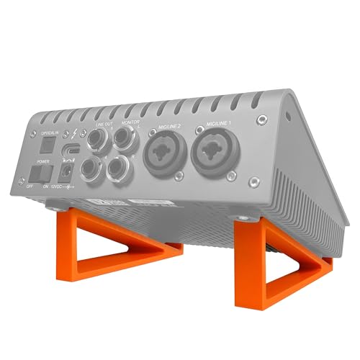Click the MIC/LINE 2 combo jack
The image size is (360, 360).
(x=167, y=153)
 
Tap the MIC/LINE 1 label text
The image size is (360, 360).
(x=215, y=125)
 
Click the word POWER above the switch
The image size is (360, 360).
(x=40, y=161)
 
